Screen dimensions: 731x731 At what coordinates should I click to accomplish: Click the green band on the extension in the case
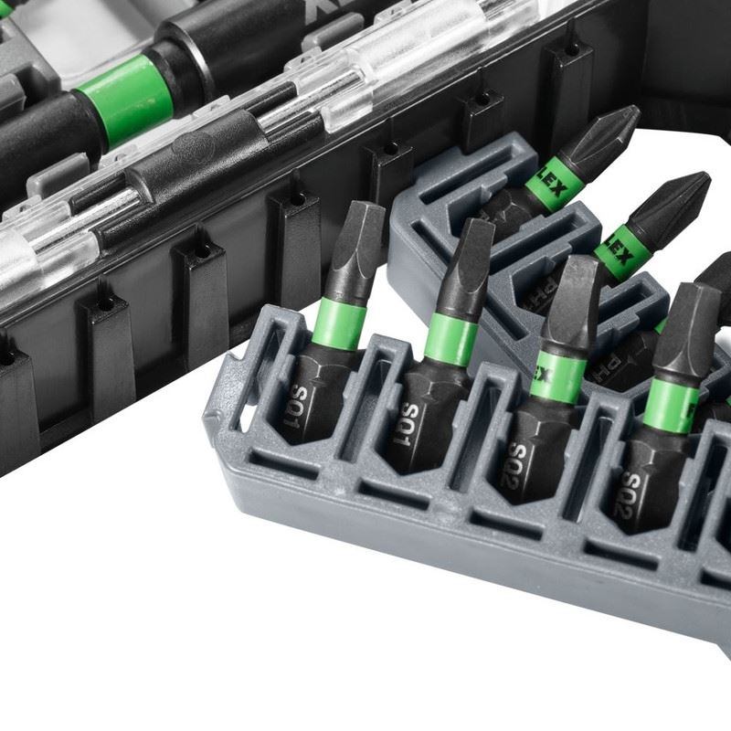(x=127, y=97)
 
